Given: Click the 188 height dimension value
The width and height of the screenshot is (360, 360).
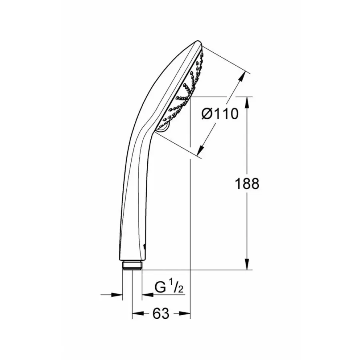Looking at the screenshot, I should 247,184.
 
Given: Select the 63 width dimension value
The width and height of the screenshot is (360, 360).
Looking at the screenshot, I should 161,313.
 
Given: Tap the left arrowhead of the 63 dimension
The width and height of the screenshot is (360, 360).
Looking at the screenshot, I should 137,313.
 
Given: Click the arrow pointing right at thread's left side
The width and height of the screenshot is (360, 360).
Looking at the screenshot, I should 118,295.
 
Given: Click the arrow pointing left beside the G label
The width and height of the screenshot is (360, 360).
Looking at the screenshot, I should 146,295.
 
